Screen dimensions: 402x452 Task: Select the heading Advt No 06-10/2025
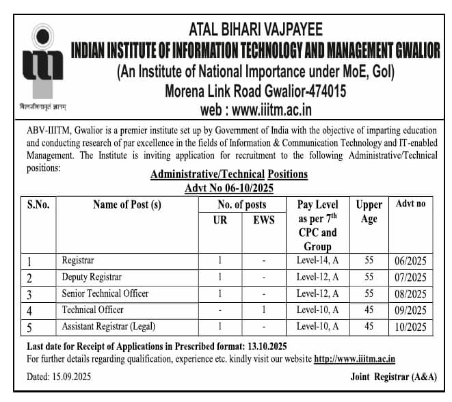click(x=228, y=188)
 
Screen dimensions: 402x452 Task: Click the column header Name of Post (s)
click(x=127, y=204)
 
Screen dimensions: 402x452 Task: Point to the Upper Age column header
click(x=369, y=212)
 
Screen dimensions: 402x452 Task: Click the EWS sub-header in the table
click(x=263, y=219)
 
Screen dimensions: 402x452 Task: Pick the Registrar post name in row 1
click(x=78, y=260)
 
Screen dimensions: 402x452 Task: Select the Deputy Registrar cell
click(x=92, y=277)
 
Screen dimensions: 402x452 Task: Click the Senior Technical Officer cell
click(x=105, y=293)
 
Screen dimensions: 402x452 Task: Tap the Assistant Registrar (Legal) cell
click(x=108, y=326)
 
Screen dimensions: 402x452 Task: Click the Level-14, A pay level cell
click(x=318, y=260)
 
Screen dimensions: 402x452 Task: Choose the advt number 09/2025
click(x=410, y=310)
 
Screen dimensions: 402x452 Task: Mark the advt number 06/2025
click(x=410, y=261)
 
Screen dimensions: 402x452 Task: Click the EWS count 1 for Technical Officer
click(x=263, y=310)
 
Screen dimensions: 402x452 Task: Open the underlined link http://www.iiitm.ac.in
click(x=354, y=359)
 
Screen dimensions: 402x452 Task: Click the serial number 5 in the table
click(x=30, y=327)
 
